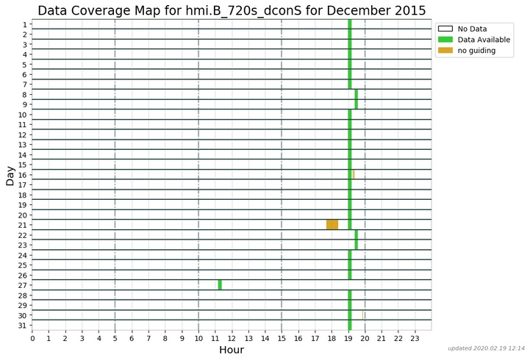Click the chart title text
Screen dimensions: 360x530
click(232, 10)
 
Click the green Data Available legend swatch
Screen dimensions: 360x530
click(445, 40)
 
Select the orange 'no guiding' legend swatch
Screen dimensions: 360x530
click(445, 51)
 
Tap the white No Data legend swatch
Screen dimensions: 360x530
click(445, 29)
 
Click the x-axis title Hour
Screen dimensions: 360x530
click(232, 350)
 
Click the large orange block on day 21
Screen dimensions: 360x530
click(332, 225)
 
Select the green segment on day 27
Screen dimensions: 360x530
click(220, 285)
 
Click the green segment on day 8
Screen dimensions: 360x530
click(357, 94)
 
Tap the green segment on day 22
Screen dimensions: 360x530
click(357, 234)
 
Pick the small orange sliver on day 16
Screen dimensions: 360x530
click(354, 174)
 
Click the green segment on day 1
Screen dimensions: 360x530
click(350, 24)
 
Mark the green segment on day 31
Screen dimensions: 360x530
click(350, 325)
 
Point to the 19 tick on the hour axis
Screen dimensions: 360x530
click(348, 337)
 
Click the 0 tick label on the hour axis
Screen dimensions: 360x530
click(32, 337)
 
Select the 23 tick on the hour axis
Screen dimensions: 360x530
click(415, 337)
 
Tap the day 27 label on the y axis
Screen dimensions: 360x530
click(23, 285)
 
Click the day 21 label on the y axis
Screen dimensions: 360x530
click(23, 225)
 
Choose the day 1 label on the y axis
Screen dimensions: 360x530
click(25, 24)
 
